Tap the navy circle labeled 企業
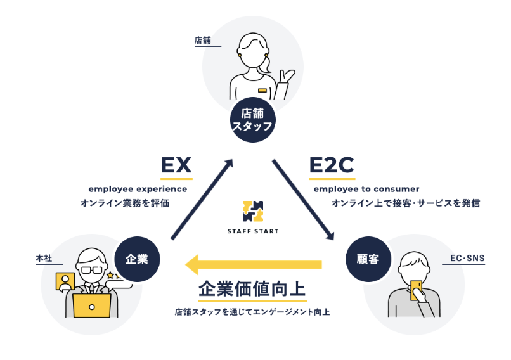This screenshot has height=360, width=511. pyautogui.click(x=137, y=259)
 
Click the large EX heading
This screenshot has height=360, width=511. pyautogui.click(x=176, y=165)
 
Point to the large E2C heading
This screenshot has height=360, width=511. pyautogui.click(x=331, y=165)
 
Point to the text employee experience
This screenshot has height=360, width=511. pyautogui.click(x=138, y=189)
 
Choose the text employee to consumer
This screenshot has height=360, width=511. pyautogui.click(x=366, y=189)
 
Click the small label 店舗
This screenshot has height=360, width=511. pyautogui.click(x=202, y=41)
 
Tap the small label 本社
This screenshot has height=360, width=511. pyautogui.click(x=44, y=259)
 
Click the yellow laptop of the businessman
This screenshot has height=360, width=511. pyautogui.click(x=91, y=305)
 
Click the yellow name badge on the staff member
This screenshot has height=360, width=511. pyautogui.click(x=262, y=91)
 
